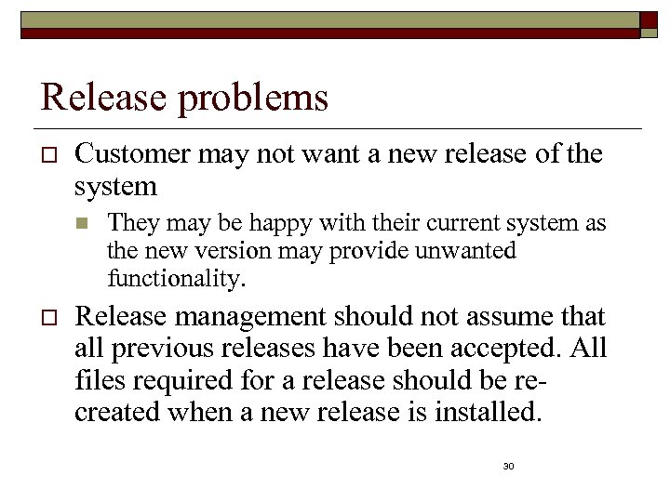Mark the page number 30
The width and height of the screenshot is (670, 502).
pos(508,465)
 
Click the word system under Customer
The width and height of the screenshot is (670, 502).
pos(115,187)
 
